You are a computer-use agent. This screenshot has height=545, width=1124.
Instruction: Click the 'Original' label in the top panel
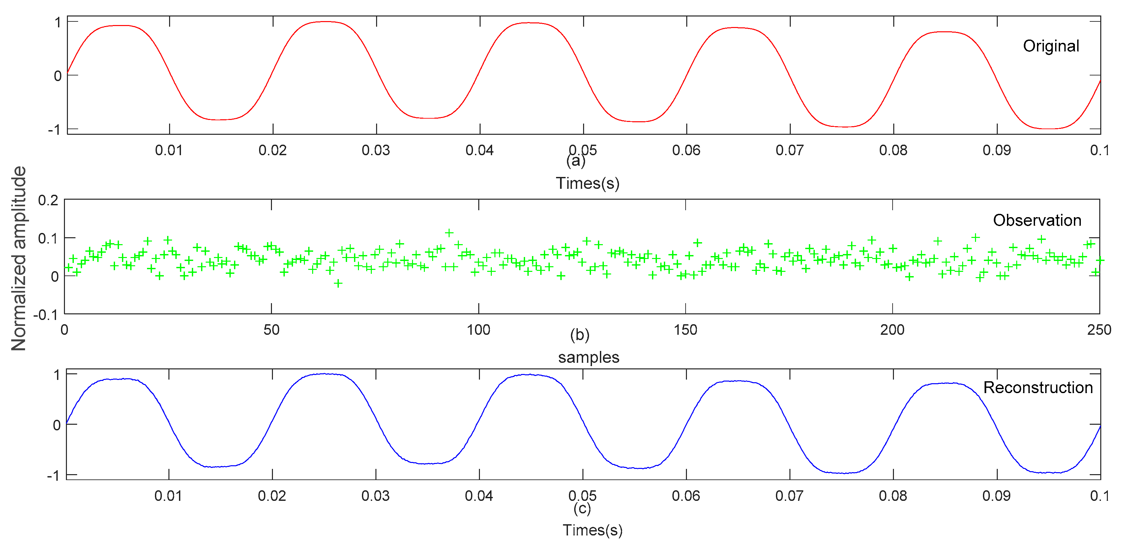coord(1051,46)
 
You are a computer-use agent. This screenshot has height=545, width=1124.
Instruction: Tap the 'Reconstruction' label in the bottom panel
coord(1038,387)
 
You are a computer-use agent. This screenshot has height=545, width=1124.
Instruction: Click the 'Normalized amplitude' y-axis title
coord(19,258)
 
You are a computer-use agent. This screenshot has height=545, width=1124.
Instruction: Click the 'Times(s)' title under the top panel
coord(587,183)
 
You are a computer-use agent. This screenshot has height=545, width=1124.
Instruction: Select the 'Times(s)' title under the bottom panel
coord(592,530)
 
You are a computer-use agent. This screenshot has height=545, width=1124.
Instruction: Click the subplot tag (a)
coord(576,161)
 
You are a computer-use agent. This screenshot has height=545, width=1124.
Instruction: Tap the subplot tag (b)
coord(579,335)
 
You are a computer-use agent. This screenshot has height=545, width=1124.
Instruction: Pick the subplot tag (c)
coord(582,508)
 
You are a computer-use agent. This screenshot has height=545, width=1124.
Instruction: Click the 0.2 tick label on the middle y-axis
coord(48,201)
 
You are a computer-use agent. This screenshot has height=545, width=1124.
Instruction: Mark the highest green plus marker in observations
coord(449,233)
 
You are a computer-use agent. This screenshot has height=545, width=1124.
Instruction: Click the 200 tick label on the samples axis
coord(892,330)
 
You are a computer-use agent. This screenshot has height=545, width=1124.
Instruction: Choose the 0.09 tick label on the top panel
coord(996,151)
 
